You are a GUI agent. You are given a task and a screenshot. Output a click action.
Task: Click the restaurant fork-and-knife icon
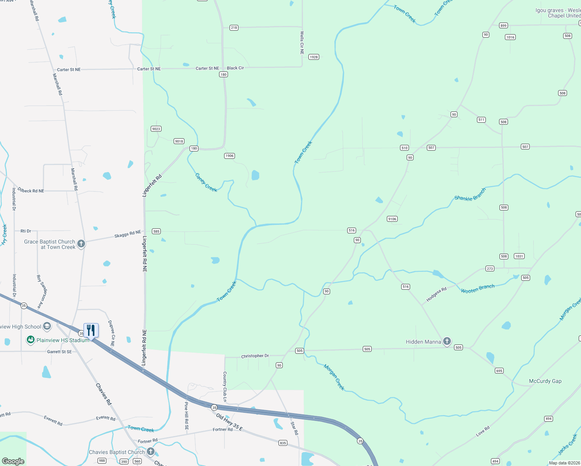pyautogui.click(x=91, y=330)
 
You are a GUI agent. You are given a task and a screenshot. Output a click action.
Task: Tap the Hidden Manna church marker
pyautogui.click(x=447, y=341)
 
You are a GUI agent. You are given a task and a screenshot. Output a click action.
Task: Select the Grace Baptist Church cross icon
pyautogui.click(x=81, y=244)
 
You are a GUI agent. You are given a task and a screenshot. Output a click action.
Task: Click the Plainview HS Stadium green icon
pyautogui.click(x=30, y=340)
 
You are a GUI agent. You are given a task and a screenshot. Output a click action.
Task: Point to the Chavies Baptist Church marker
pyautogui.click(x=151, y=452)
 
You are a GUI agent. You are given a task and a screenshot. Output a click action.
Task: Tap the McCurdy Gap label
pyautogui.click(x=545, y=381)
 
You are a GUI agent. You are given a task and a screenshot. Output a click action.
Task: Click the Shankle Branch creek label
pyautogui.click(x=470, y=195)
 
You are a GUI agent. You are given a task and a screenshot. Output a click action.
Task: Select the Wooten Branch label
pyautogui.click(x=478, y=289)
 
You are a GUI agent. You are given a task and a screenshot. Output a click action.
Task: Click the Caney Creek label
pyautogui.click(x=206, y=183)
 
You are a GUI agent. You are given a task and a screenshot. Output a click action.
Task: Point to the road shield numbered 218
pyautogui.click(x=234, y=28)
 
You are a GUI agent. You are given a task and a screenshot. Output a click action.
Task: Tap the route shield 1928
pyautogui.click(x=313, y=57)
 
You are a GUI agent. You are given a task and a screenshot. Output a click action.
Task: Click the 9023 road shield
pyautogui.click(x=156, y=129)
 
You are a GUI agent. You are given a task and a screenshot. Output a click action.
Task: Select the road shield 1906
pyautogui.click(x=229, y=156)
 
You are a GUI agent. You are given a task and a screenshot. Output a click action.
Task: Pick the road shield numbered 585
pyautogui.click(x=156, y=231)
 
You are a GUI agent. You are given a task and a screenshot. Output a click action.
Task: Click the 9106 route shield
pyautogui.click(x=392, y=219)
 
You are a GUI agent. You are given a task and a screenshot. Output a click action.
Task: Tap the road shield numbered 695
pyautogui.click(x=499, y=371)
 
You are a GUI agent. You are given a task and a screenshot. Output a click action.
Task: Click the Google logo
pyautogui.click(x=13, y=461)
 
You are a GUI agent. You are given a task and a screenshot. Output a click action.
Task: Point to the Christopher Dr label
pyautogui.click(x=255, y=356)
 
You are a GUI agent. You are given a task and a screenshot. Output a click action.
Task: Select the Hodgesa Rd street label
pyautogui.click(x=436, y=294)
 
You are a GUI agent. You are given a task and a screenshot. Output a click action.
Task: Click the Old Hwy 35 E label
pyautogui.click(x=229, y=423)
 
